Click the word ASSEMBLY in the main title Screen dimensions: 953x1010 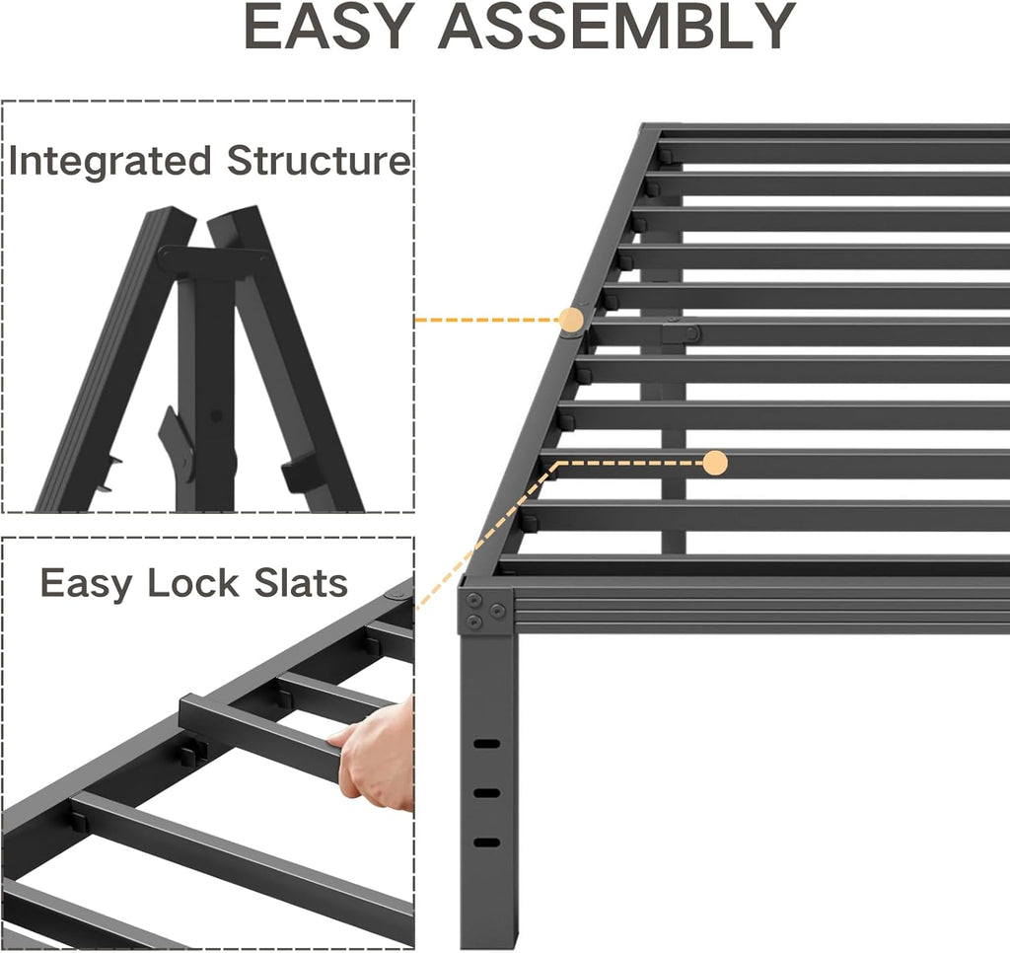point(616,29)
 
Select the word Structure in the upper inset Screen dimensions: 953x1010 point(318,161)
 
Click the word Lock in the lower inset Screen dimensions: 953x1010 point(194,583)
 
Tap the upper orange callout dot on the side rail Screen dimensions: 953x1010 point(571,319)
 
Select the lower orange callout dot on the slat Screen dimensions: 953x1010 point(715,462)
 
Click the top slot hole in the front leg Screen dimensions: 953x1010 point(487,743)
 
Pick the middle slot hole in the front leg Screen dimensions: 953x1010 point(487,792)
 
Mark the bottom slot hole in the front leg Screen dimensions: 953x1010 point(487,842)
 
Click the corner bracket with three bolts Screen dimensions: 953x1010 point(485,611)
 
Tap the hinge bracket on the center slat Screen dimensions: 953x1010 point(681,333)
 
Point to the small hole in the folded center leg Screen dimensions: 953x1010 point(218,415)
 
